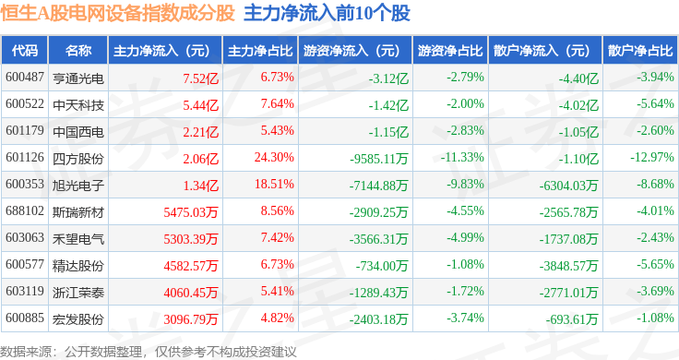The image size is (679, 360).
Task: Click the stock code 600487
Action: (x=25, y=78)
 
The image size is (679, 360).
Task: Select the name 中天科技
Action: (x=78, y=105)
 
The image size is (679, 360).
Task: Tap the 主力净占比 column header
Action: (x=260, y=51)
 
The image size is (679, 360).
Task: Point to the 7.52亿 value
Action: (x=200, y=78)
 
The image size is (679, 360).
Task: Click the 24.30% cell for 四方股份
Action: (x=274, y=157)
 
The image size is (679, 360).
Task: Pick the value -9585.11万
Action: (x=379, y=159)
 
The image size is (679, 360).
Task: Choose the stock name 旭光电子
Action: (x=78, y=186)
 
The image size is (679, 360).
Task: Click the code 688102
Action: (x=25, y=211)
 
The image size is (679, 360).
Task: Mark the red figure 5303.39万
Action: (x=191, y=239)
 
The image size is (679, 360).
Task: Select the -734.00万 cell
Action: (x=382, y=266)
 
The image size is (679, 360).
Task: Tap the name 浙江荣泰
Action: (x=78, y=293)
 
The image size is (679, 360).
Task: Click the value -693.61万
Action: (x=572, y=319)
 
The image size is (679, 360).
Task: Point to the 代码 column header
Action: (x=25, y=51)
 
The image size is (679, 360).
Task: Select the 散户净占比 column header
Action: (x=640, y=51)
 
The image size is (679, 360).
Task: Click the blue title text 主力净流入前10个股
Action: (x=327, y=13)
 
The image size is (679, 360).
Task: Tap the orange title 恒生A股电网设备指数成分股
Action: (x=117, y=13)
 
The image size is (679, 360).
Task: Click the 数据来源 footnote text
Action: (x=149, y=352)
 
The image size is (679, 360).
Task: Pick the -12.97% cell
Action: (x=652, y=157)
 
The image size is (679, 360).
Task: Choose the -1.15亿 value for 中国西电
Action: (x=388, y=132)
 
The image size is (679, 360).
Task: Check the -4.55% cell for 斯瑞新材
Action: (x=466, y=211)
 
